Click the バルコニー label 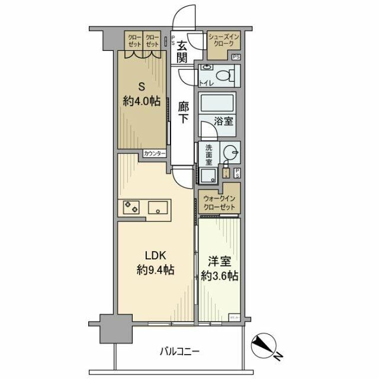[181, 351]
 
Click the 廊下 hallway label [184, 112]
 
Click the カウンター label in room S [154, 154]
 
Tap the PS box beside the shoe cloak [236, 57]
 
